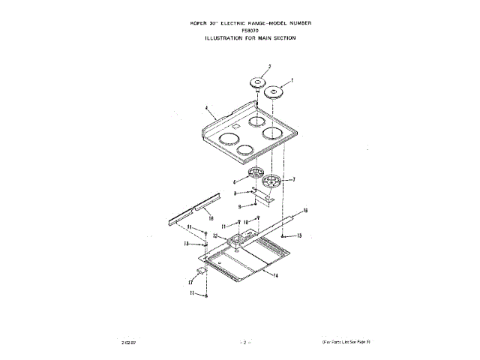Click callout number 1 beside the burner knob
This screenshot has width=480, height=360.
[x=292, y=79]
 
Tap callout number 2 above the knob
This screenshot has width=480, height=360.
[x=259, y=67]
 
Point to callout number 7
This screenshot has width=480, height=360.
[x=293, y=180]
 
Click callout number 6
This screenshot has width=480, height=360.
[x=235, y=181]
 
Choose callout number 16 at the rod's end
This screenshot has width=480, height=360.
[x=305, y=211]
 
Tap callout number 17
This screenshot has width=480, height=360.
[x=190, y=282]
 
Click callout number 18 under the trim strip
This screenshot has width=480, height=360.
[x=199, y=218]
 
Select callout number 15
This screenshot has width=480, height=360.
[x=299, y=235]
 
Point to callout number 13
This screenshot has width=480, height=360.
[x=186, y=244]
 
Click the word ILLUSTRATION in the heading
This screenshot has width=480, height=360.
[x=226, y=38]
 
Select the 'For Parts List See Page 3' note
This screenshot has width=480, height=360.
[x=346, y=342]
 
